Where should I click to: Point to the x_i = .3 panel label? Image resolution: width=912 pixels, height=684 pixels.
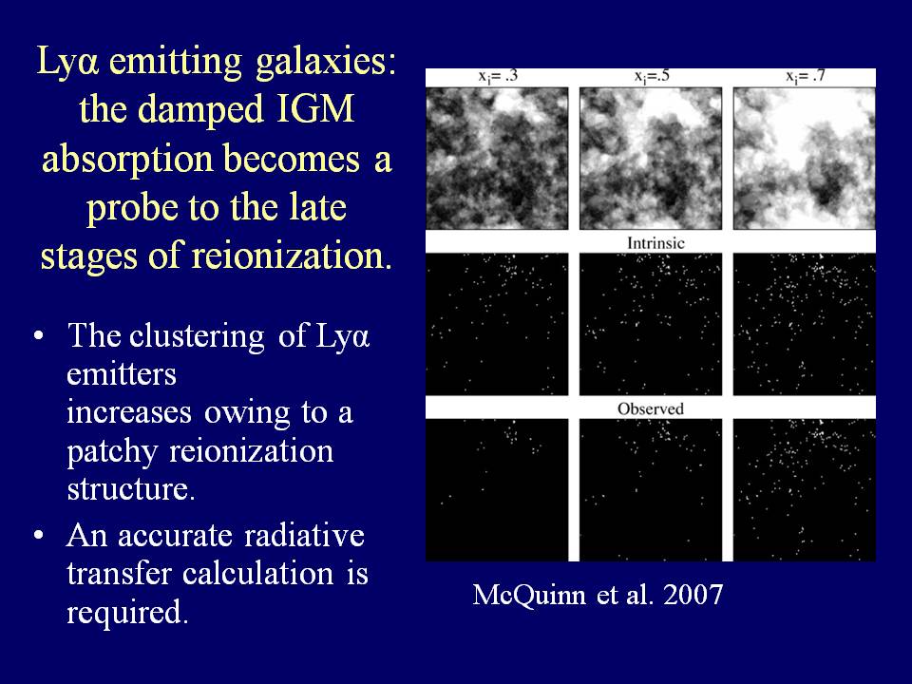(498, 77)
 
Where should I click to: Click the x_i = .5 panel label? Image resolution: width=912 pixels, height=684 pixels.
(652, 77)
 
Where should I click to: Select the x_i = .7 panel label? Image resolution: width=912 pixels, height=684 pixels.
(805, 77)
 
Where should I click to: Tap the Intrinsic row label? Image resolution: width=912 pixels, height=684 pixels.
(655, 242)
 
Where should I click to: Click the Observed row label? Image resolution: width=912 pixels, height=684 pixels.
(650, 408)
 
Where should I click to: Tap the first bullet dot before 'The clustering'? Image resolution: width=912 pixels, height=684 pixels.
(38, 337)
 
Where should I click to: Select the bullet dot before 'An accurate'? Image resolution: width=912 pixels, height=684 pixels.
(38, 535)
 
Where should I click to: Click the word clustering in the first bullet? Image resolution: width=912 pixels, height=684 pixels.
(197, 337)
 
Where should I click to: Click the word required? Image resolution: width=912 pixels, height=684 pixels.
(127, 613)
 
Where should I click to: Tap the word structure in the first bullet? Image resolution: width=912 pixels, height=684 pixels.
(131, 489)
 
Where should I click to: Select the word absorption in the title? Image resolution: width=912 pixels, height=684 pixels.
(127, 160)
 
